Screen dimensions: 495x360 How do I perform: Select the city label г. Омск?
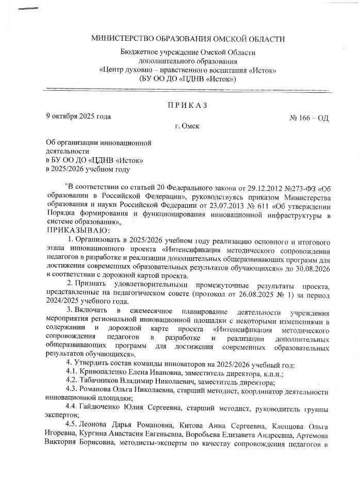pos(187,125)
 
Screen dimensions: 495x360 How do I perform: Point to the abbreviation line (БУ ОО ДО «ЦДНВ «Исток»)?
pos(187,78)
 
